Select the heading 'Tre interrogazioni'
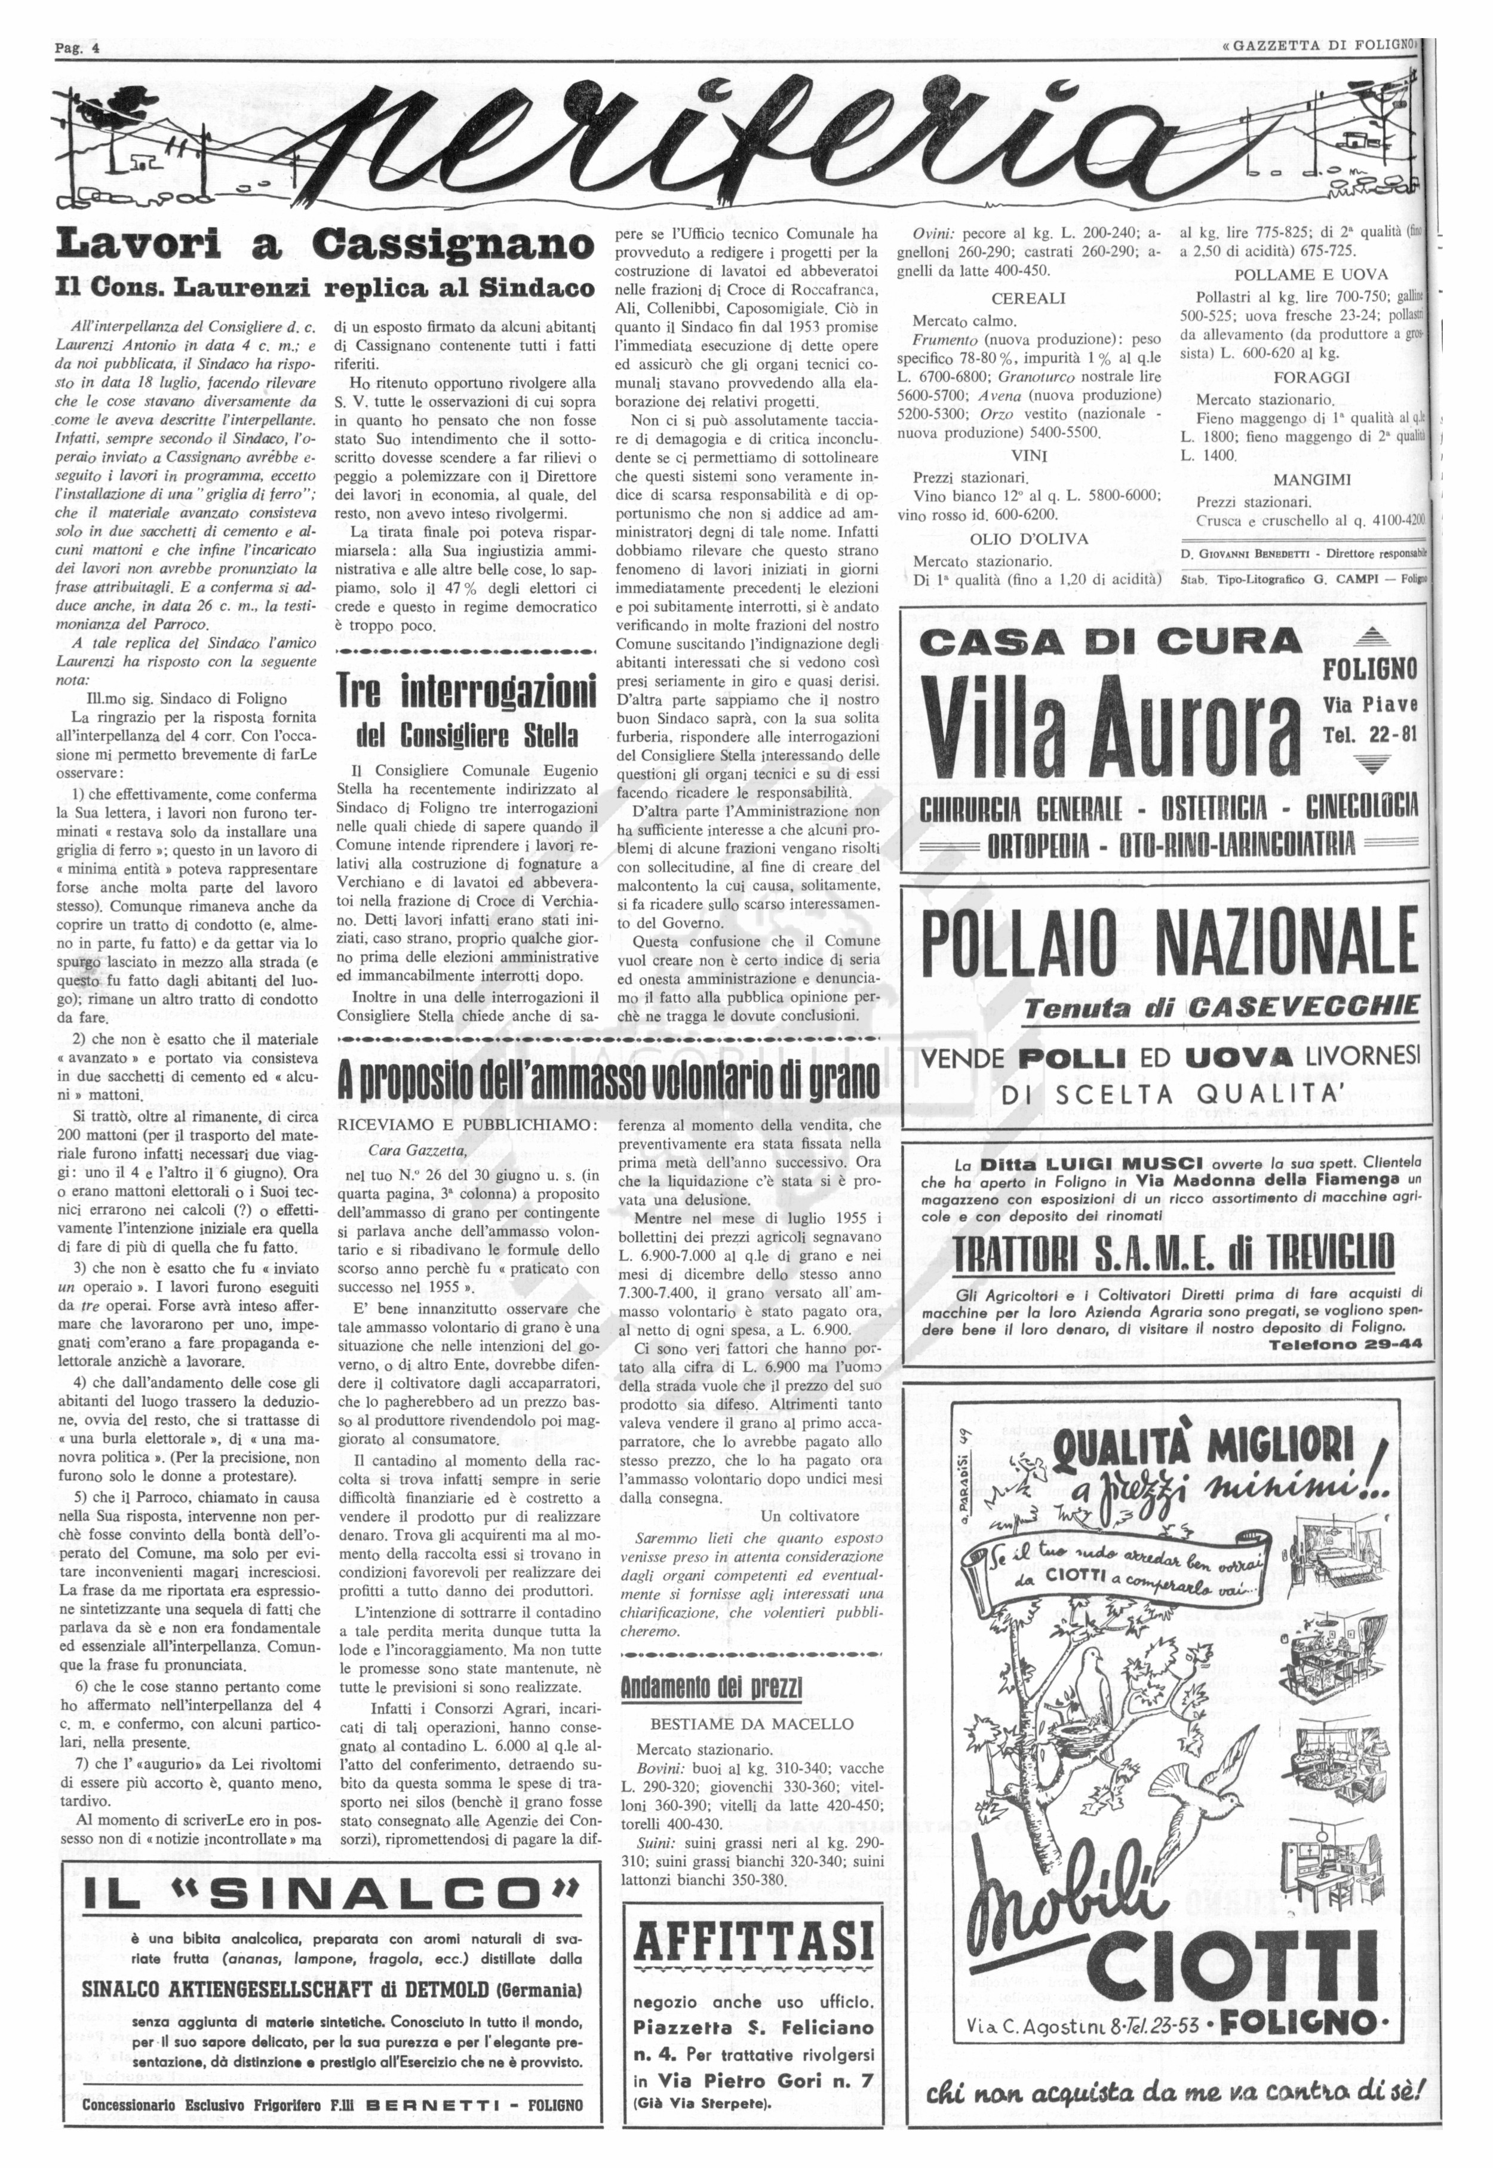[466, 694]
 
